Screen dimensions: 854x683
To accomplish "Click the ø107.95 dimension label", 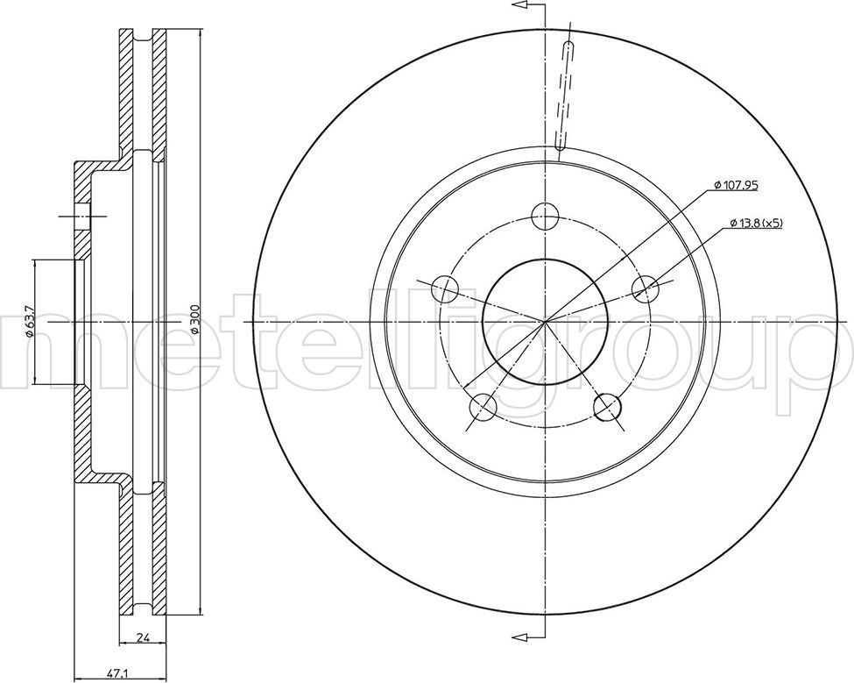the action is point(736,186).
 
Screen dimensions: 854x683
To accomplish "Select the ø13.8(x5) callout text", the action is point(756,223).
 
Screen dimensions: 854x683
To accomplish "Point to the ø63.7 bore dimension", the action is point(30,322).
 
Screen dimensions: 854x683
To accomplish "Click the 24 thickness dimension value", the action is point(143,637).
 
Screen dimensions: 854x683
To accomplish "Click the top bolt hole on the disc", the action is point(545,217).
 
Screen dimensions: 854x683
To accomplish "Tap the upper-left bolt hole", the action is point(444,289).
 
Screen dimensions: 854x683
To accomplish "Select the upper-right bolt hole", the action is point(646,289).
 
